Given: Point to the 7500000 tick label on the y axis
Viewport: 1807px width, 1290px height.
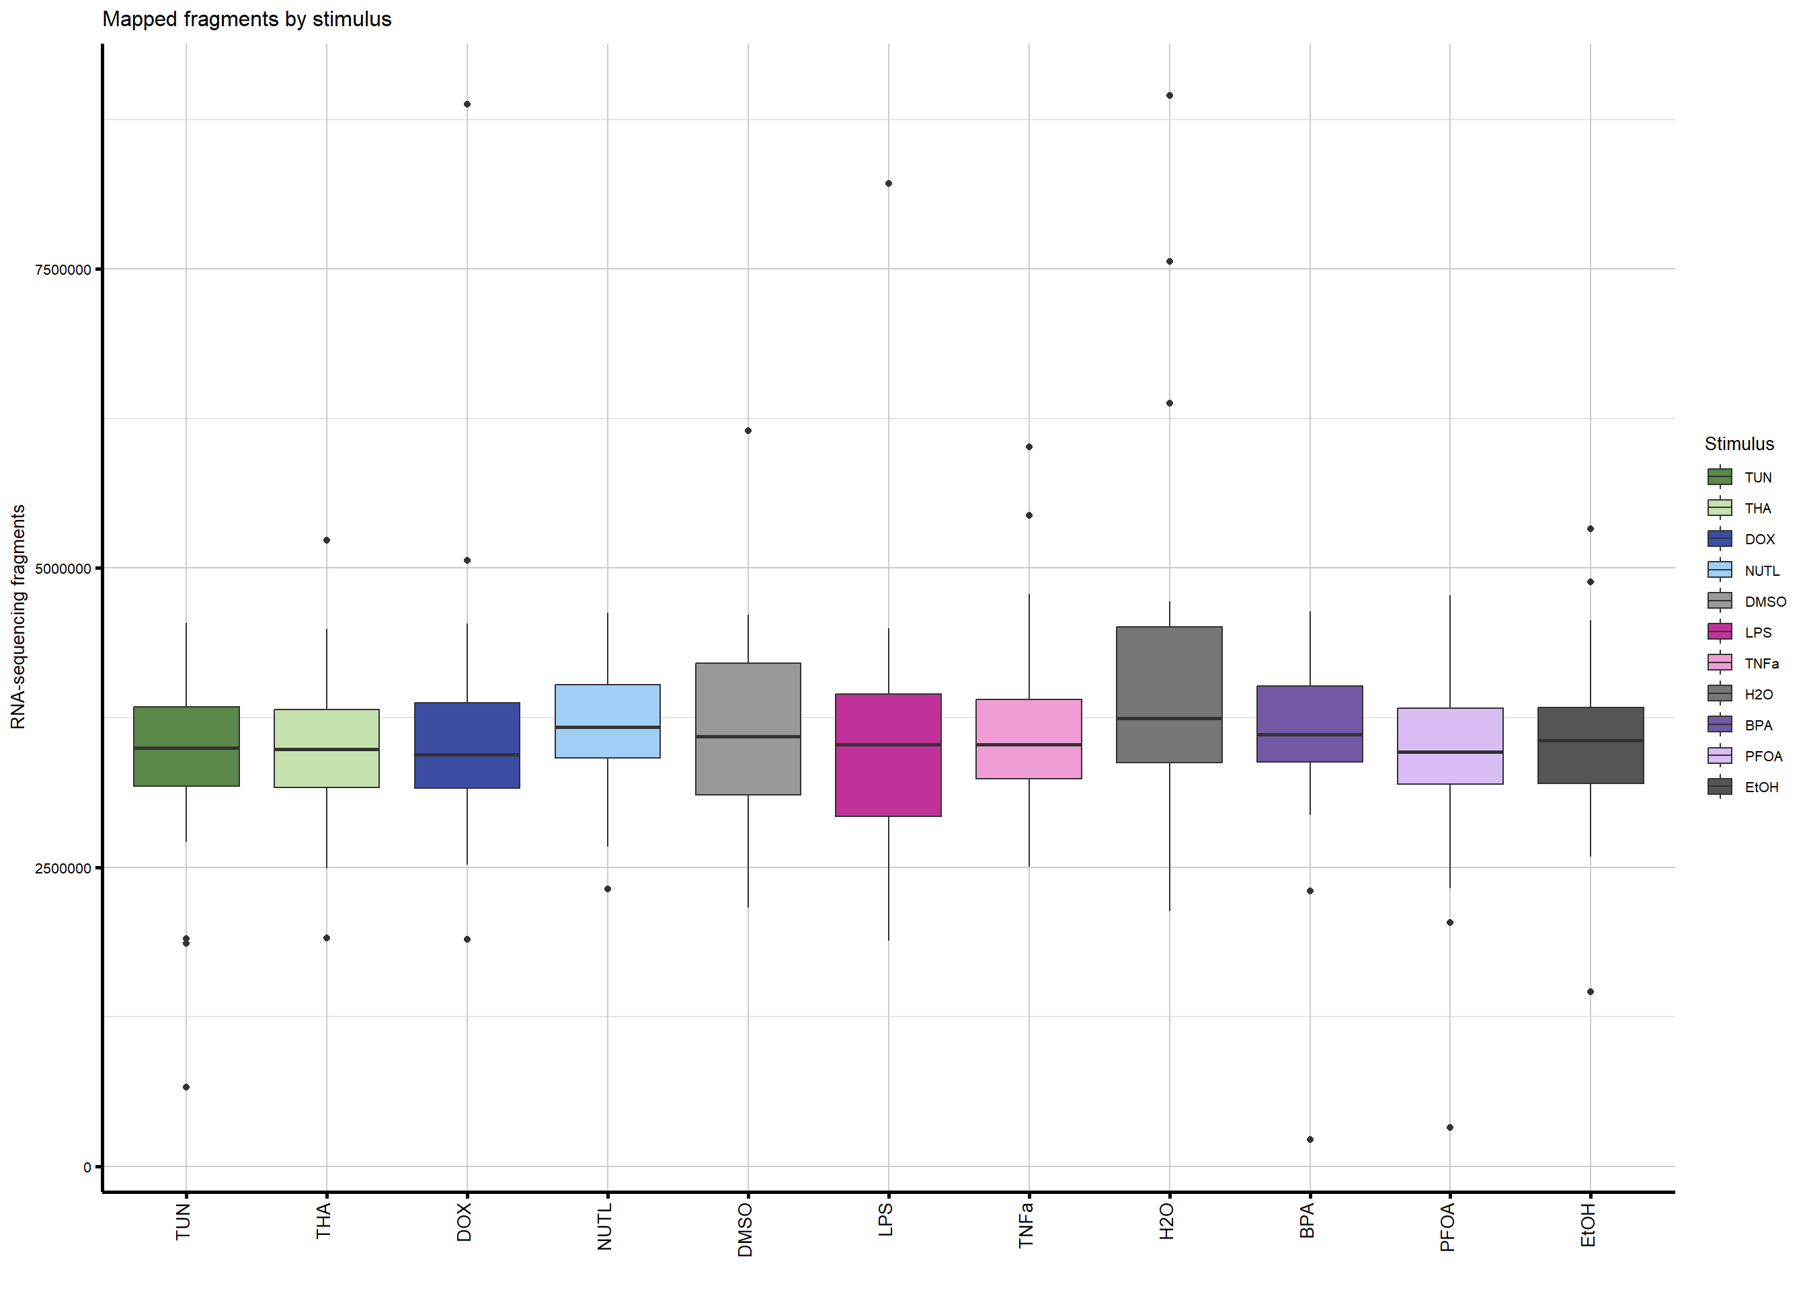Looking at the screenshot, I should pyautogui.click(x=63, y=270).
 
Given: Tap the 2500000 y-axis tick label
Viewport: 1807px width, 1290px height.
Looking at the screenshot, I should pyautogui.click(x=63, y=868).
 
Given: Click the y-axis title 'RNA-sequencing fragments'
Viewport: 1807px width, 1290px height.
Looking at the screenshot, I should pyautogui.click(x=18, y=616).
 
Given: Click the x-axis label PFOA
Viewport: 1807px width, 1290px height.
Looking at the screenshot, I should pyautogui.click(x=1448, y=1228).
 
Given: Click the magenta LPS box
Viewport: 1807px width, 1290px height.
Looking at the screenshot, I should pyautogui.click(x=889, y=779).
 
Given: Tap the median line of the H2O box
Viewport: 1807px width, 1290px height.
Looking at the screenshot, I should pyautogui.click(x=1169, y=719).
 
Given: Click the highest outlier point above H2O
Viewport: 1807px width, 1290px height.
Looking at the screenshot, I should pyautogui.click(x=1169, y=95).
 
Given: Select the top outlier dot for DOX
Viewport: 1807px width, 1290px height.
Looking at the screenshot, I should pyautogui.click(x=467, y=104).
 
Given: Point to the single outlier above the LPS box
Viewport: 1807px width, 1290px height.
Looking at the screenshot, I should pyautogui.click(x=889, y=183).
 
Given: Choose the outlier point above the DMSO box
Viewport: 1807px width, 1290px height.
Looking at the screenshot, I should pyautogui.click(x=748, y=431).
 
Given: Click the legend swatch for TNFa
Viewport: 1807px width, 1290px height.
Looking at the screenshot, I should pyautogui.click(x=1720, y=663).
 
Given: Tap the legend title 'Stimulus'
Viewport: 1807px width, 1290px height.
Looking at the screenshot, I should pyautogui.click(x=1738, y=444).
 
